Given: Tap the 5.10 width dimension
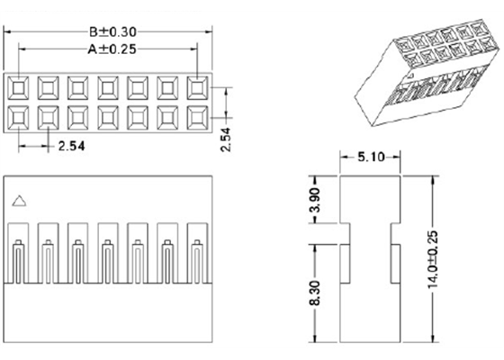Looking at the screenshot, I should (372, 157).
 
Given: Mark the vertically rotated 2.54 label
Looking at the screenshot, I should (227, 139).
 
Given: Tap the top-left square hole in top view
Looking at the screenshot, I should (18, 87).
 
